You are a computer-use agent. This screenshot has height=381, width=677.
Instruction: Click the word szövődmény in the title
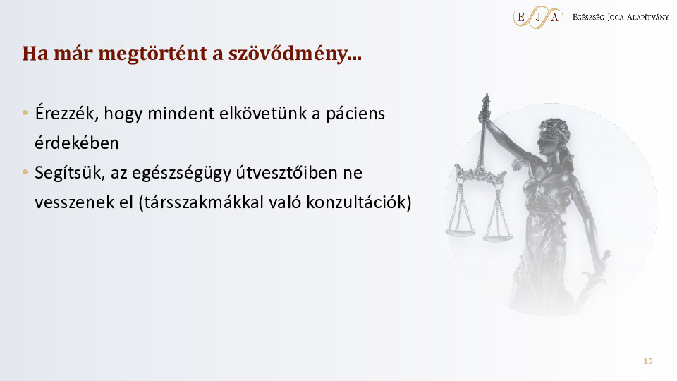pos(295,54)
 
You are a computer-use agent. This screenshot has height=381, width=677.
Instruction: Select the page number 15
pos(647,361)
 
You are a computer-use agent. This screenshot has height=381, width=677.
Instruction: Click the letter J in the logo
pos(538,17)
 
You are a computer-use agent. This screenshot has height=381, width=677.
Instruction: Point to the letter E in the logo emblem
pos(521,17)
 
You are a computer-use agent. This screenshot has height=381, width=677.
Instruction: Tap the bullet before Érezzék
pos(25,113)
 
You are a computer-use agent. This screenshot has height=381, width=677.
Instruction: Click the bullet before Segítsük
pos(25,172)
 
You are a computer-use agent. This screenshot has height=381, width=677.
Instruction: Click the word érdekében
pos(77,143)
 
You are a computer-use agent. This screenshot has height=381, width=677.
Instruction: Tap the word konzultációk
pos(359,202)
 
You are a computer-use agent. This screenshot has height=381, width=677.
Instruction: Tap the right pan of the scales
pos(498,237)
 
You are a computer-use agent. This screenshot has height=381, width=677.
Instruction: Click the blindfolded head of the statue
pos(554,136)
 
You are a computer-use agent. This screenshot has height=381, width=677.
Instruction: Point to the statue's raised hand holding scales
pos(484,115)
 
